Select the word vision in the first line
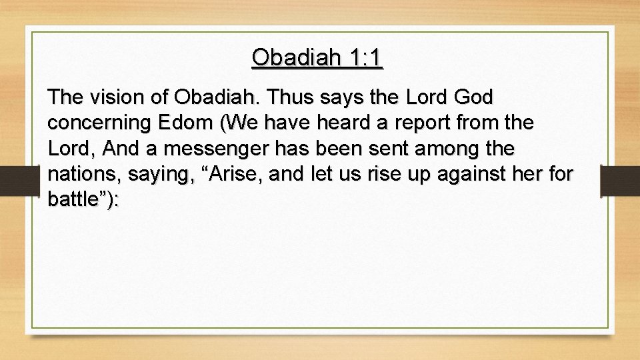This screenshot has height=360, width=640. coord(115,98)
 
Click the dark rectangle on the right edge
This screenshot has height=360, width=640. coord(619,181)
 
